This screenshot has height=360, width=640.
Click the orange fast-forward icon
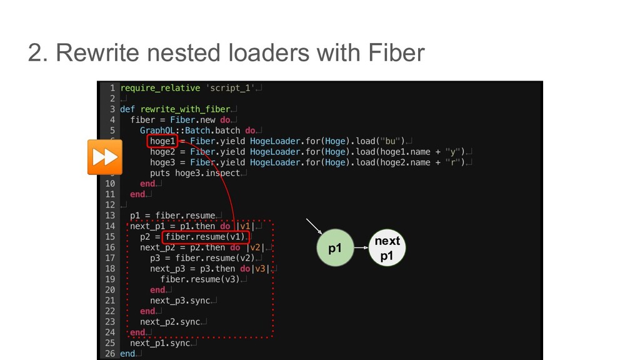[104, 157]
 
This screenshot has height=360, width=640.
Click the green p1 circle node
[336, 248]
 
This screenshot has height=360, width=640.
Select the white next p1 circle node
[387, 248]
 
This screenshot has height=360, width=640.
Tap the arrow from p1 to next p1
[361, 248]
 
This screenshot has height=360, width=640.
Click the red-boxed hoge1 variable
[164, 141]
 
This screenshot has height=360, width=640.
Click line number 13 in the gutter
[109, 216]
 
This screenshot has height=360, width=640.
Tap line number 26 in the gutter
[109, 354]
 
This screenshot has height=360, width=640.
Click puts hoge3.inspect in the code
[195, 173]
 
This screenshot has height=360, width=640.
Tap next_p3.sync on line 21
[180, 301]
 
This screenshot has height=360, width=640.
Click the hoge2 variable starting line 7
[162, 152]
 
